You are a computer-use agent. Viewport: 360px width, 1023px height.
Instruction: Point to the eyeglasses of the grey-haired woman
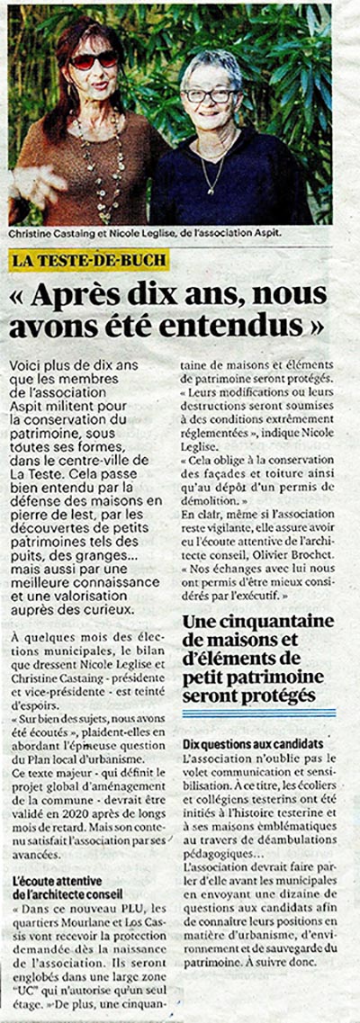click(x=209, y=94)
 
